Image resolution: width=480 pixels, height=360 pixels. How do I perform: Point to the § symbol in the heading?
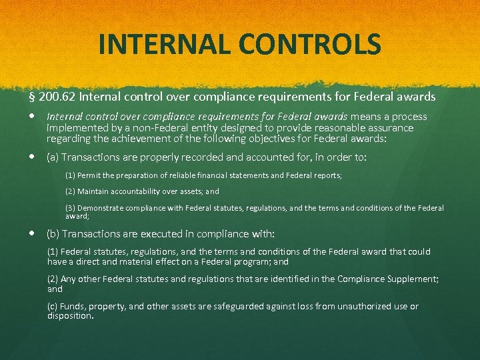pos(32,97)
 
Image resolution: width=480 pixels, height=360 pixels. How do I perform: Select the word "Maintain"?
pos(94,191)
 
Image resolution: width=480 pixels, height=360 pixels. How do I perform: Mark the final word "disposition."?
pos(70,316)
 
